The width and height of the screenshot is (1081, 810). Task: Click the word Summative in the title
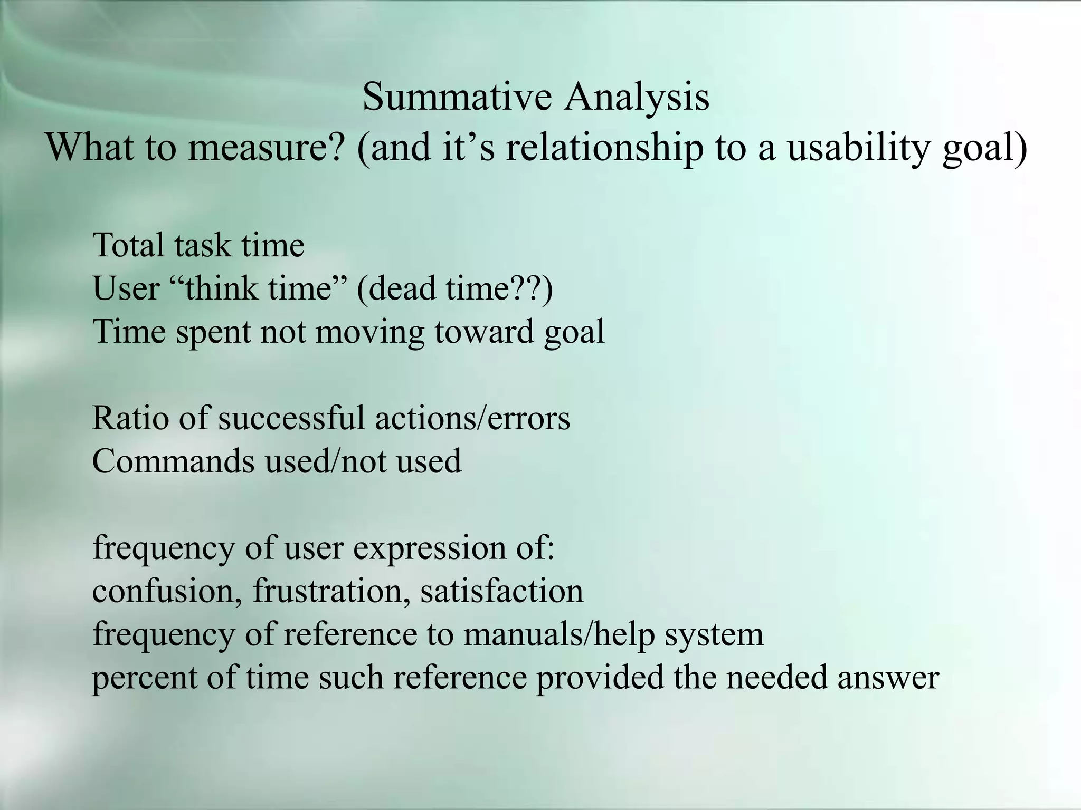click(457, 97)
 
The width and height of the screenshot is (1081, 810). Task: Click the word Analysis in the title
click(636, 97)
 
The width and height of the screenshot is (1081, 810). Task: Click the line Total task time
click(198, 246)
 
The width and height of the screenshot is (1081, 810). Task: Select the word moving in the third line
click(369, 332)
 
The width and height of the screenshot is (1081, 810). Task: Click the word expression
click(428, 548)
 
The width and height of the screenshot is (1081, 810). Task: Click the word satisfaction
click(501, 591)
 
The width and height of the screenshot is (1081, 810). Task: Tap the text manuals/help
click(559, 634)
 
